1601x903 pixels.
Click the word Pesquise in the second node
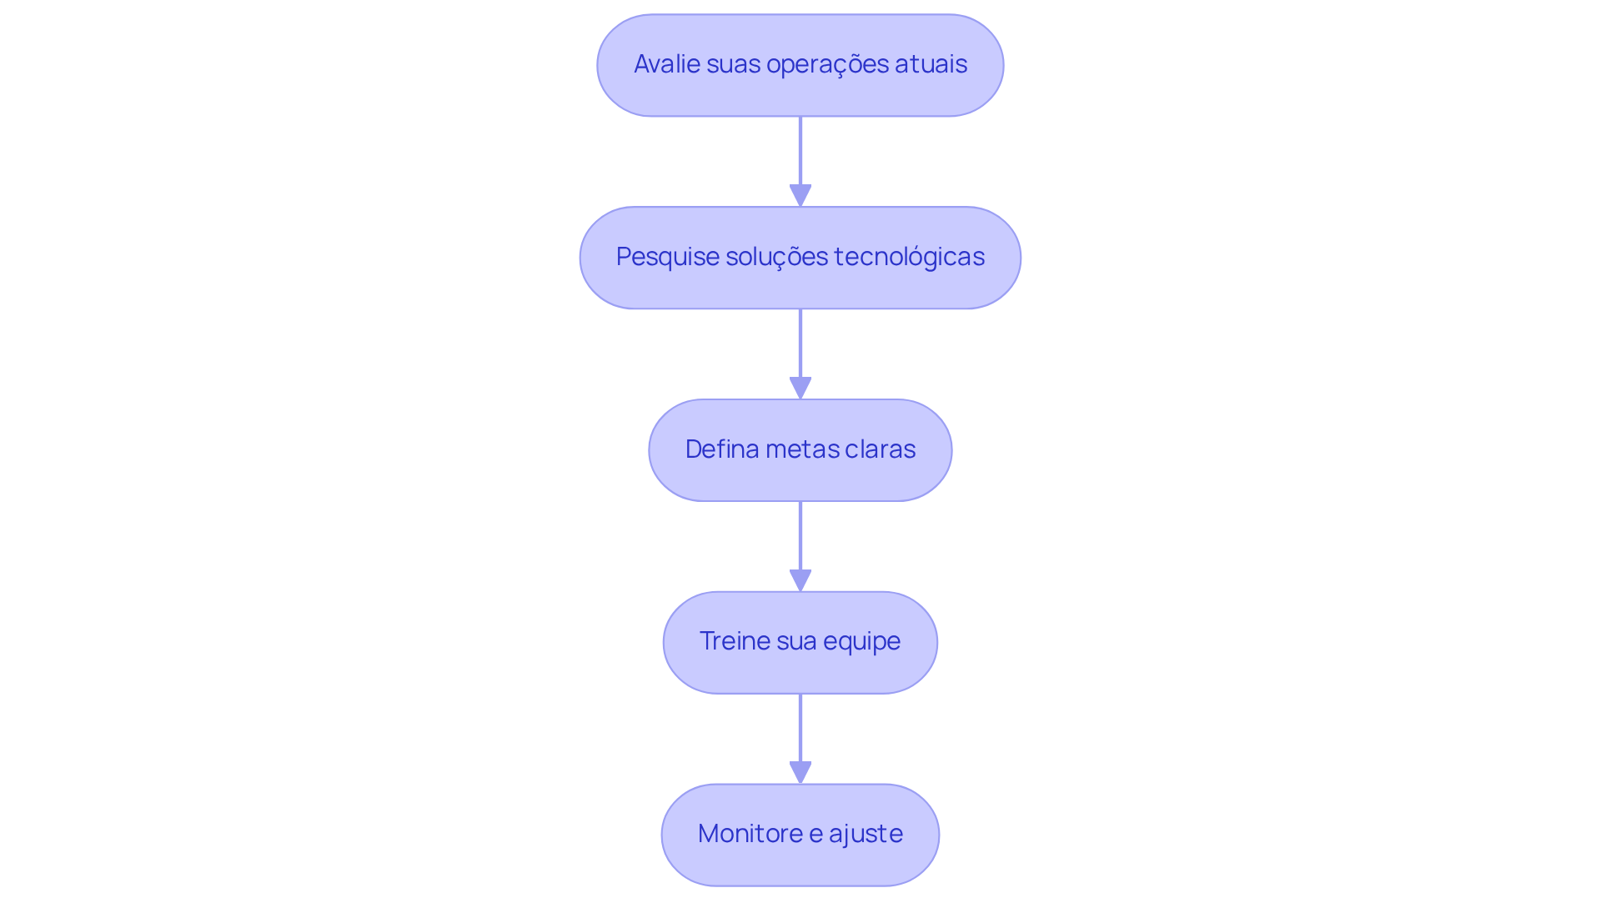tap(667, 257)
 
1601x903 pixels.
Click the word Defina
tap(721, 449)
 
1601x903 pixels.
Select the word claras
tap(880, 449)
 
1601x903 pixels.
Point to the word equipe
tap(861, 642)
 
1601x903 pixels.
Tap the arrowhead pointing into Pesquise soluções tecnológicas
tap(800, 195)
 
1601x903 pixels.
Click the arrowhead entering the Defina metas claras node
tap(800, 388)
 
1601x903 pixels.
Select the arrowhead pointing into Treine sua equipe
tap(800, 580)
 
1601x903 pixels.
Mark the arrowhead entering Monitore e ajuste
tap(800, 772)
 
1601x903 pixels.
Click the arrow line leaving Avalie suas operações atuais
tap(800, 150)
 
